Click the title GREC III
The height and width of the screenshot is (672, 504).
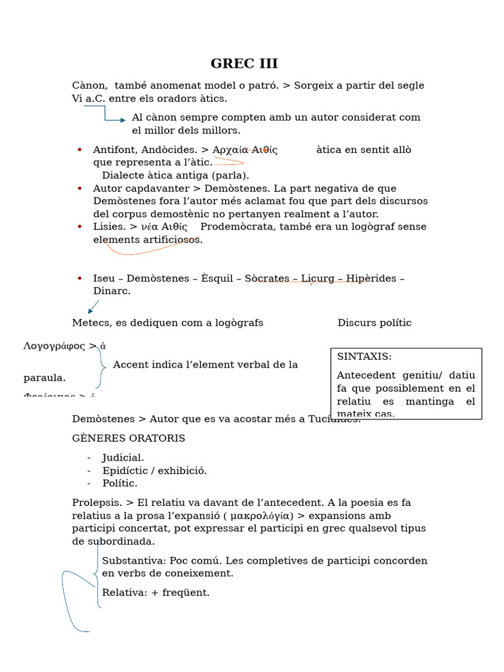click(x=244, y=64)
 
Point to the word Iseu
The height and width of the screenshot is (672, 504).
click(x=104, y=278)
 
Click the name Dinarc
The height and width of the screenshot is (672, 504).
click(x=112, y=291)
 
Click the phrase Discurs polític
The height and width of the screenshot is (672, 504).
click(x=375, y=322)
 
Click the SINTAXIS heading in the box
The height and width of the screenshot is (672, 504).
click(x=364, y=356)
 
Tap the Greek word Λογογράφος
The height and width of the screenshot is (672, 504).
click(x=54, y=346)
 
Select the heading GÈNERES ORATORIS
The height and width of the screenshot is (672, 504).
click(x=129, y=438)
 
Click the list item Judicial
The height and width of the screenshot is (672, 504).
click(x=123, y=457)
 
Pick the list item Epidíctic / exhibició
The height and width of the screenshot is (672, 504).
click(x=154, y=471)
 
